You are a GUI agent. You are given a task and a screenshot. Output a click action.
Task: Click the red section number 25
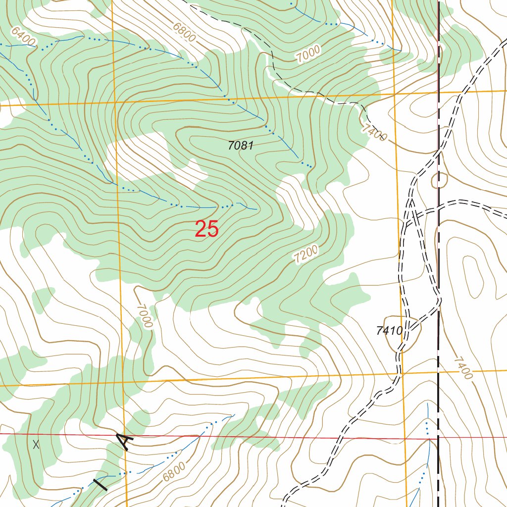(x=206, y=229)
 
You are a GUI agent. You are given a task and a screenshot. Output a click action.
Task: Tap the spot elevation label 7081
(x=241, y=146)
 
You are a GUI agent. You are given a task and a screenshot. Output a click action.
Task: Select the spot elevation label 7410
(x=389, y=331)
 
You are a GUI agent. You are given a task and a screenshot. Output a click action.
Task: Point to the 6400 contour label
(x=23, y=37)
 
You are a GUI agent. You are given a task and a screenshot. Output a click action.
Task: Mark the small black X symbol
(x=36, y=444)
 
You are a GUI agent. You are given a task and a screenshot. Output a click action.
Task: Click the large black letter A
(x=125, y=440)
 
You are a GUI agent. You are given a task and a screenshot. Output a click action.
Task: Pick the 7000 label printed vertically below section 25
(x=145, y=317)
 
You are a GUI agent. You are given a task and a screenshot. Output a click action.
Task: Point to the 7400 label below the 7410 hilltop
(x=462, y=368)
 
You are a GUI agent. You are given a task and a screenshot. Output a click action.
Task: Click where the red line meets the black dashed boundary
(x=438, y=439)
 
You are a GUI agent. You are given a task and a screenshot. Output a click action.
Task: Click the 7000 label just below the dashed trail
(x=308, y=53)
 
